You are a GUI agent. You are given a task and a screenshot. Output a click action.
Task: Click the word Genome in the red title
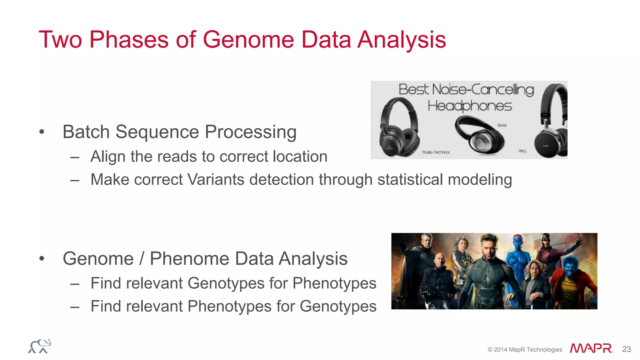coord(248,40)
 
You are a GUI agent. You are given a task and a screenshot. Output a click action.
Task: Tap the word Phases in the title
coord(129,40)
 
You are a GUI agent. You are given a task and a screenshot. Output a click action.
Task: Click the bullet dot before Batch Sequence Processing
coord(42,132)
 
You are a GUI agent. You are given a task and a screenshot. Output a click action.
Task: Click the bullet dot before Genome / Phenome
coord(42,259)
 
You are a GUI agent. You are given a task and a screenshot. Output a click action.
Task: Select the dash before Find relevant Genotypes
coord(75,284)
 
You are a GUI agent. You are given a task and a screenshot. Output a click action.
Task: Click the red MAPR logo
coord(591,348)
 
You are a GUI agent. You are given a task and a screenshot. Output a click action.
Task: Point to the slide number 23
coord(626,349)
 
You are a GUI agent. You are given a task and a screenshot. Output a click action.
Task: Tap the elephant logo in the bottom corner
coord(40,346)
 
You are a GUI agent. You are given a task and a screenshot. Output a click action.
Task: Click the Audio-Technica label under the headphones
coord(436,152)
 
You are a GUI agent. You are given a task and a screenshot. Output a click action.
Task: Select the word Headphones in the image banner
coord(469,106)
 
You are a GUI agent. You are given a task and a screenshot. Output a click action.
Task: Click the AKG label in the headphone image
coord(522,151)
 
